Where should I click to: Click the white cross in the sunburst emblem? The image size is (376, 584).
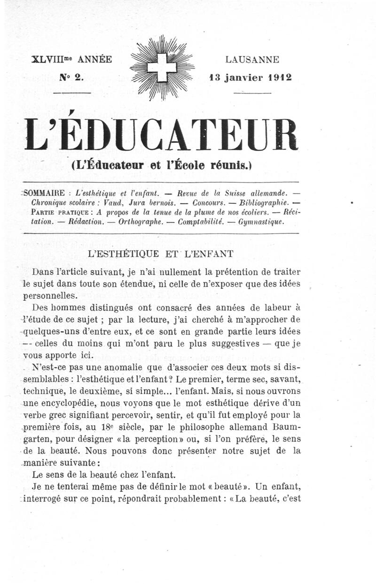tap(162, 68)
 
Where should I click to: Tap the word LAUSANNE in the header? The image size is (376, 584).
tap(252, 60)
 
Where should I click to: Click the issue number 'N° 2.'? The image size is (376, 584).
tap(71, 78)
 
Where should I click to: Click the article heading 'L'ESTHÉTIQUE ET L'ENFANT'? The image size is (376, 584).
tap(161, 254)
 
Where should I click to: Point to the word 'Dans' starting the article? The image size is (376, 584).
tap(43, 272)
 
